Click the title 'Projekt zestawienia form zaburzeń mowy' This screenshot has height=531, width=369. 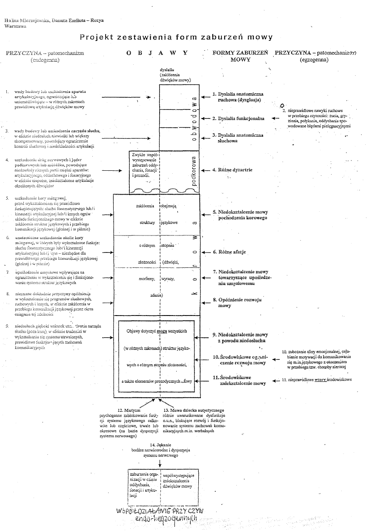(x=176, y=37)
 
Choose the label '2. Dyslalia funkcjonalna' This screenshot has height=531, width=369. (x=238, y=118)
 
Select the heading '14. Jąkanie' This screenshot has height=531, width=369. (x=160, y=445)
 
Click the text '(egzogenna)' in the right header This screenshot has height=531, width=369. (x=314, y=60)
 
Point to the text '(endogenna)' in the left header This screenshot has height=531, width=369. (x=45, y=60)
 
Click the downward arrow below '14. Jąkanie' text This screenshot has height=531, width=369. (x=160, y=463)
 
